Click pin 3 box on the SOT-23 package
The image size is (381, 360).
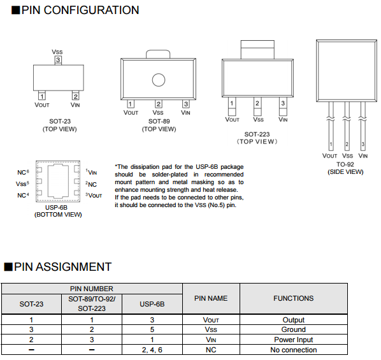58,60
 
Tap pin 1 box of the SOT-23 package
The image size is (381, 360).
42,96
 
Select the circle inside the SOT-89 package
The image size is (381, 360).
159,80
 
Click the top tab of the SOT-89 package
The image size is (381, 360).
158,54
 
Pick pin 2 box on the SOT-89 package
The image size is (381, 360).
159,104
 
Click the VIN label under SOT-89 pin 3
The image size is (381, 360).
185,113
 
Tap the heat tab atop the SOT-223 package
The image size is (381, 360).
257,50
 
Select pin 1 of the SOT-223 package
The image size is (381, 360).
232,106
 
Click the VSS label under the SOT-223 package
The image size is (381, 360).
258,119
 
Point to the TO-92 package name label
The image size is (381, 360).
345,164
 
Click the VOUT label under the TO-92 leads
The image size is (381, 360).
329,156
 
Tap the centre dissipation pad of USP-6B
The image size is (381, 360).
59,181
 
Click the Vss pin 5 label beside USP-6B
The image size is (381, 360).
22,184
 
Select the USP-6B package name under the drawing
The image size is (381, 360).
56,207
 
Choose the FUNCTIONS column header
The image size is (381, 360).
294,298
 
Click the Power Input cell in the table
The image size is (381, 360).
294,340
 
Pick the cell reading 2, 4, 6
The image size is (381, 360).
152,350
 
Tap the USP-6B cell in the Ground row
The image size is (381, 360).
152,329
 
